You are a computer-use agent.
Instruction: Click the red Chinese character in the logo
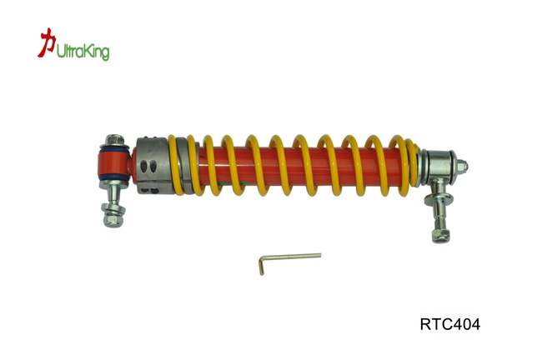coord(47,43)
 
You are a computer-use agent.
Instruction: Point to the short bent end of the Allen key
coord(260,266)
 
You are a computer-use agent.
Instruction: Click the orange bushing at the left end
coord(113,163)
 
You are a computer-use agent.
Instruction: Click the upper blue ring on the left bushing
coord(114,149)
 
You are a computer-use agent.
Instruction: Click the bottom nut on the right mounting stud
coord(442,232)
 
